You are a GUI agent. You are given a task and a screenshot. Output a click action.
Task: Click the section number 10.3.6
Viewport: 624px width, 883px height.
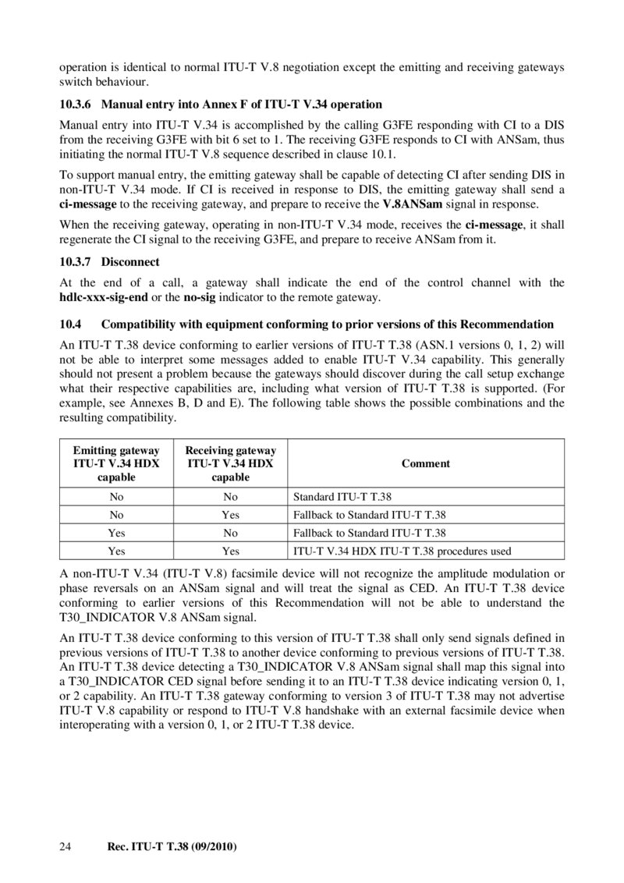76,104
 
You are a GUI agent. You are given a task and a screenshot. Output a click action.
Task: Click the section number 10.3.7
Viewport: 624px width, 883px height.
76,261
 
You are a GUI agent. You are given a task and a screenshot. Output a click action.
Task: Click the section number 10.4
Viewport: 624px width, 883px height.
70,324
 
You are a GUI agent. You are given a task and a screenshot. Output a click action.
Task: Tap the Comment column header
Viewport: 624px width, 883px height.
425,463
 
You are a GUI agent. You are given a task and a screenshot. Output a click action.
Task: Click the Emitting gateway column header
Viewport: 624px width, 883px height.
116,463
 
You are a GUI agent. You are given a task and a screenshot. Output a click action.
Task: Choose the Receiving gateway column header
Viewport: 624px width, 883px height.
230,463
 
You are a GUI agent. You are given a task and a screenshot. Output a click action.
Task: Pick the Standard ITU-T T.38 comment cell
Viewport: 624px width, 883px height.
342,495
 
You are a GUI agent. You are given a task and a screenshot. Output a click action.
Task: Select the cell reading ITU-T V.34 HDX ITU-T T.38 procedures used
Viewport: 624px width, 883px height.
402,551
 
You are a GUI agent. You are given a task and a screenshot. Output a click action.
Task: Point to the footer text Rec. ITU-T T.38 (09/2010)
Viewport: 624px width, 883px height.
171,846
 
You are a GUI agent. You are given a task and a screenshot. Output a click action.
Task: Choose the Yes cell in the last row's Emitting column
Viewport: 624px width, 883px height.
116,551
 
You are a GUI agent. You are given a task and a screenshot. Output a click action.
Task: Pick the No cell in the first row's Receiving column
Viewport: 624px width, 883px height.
230,495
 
